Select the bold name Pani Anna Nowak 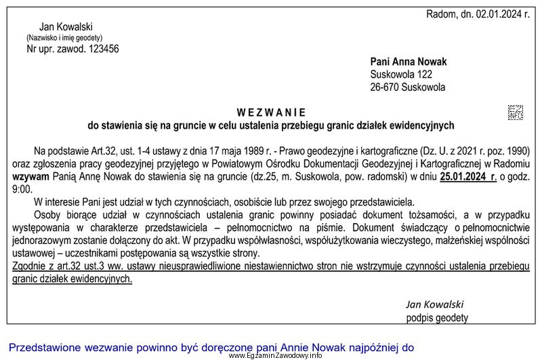pyautogui.click(x=409, y=62)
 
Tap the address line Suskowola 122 pyautogui.click(x=400, y=75)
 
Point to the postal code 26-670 pyautogui.click(x=384, y=87)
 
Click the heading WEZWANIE pyautogui.click(x=271, y=112)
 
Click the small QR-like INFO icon pyautogui.click(x=516, y=112)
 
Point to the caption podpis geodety pyautogui.click(x=437, y=317)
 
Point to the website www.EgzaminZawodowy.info pyautogui.click(x=274, y=355)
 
